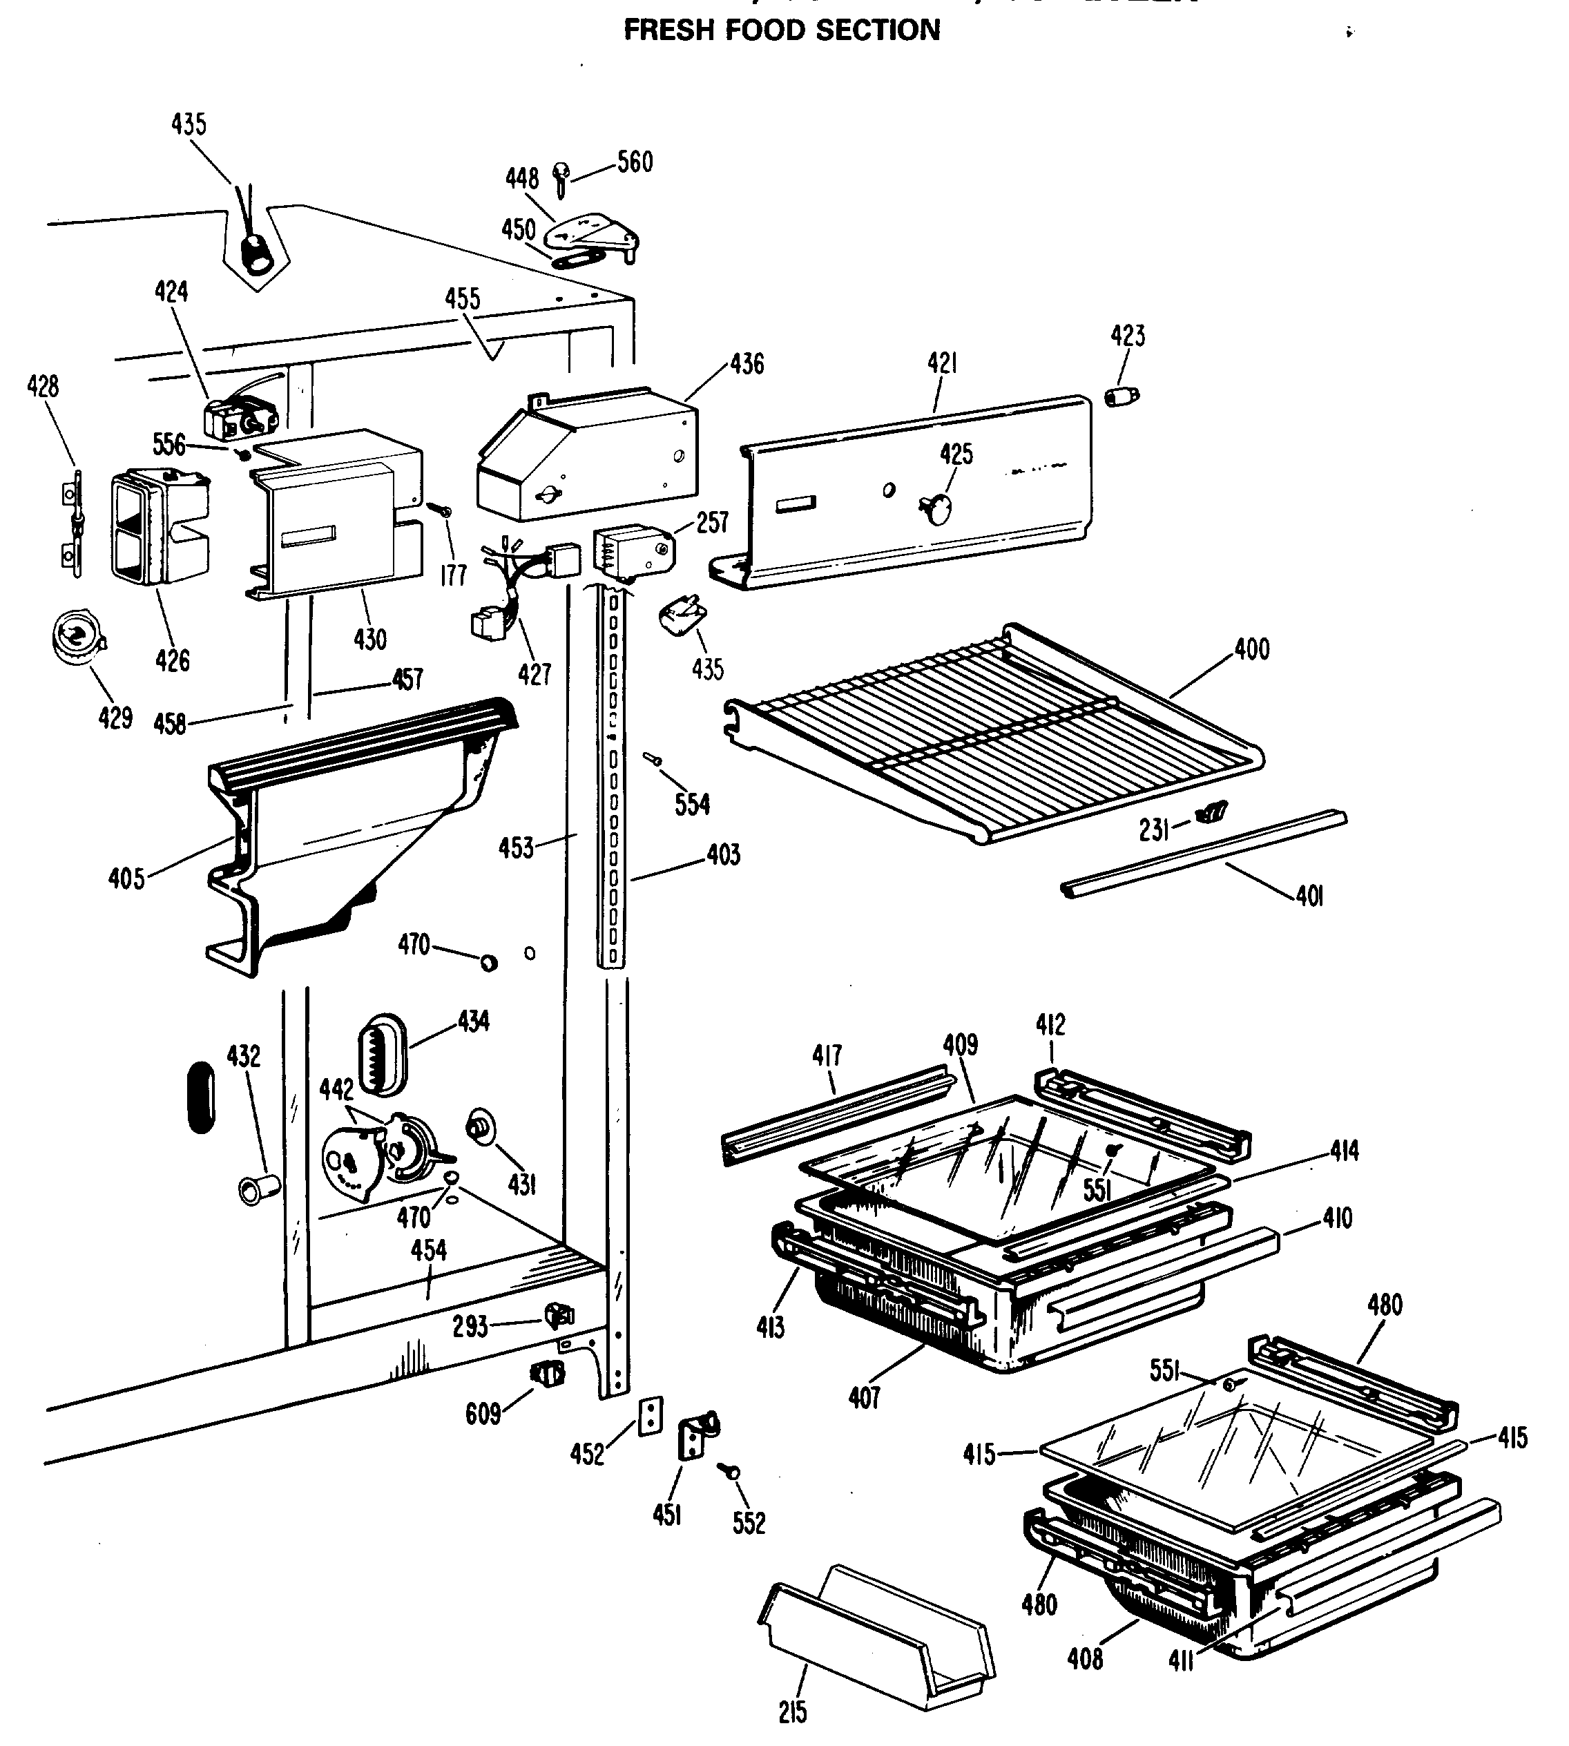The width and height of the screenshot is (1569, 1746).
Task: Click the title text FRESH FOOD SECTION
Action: point(781,30)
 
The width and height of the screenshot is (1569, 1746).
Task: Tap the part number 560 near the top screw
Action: point(635,162)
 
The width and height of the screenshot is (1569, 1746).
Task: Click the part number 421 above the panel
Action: point(942,363)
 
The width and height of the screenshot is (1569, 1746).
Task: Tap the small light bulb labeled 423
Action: point(1121,396)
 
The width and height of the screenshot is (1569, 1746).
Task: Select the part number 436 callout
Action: point(747,364)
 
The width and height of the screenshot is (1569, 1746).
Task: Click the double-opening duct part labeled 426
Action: point(160,526)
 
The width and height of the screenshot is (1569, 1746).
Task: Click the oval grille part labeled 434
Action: point(381,1054)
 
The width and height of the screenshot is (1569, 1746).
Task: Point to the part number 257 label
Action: point(713,523)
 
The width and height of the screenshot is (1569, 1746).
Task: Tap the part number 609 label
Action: point(483,1413)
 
